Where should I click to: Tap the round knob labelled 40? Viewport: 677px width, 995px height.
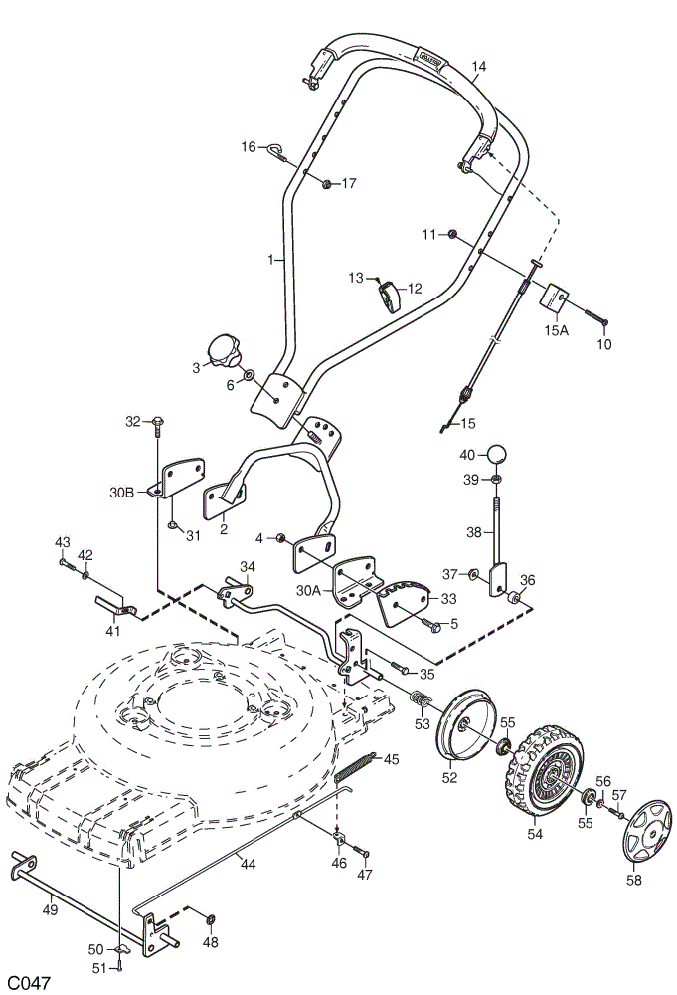pos(498,455)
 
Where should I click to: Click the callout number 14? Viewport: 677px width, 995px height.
pos(479,66)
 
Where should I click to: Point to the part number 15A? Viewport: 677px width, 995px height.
pos(556,330)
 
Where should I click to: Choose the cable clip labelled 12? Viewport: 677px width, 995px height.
pos(390,296)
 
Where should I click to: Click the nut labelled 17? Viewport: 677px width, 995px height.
pos(326,185)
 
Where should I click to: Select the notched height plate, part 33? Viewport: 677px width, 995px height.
pos(405,601)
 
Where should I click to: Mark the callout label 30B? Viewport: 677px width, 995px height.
pos(121,493)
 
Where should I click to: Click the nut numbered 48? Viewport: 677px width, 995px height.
pos(211,918)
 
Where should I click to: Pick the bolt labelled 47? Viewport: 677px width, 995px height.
pos(360,850)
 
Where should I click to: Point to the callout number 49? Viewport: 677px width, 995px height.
pos(50,910)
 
